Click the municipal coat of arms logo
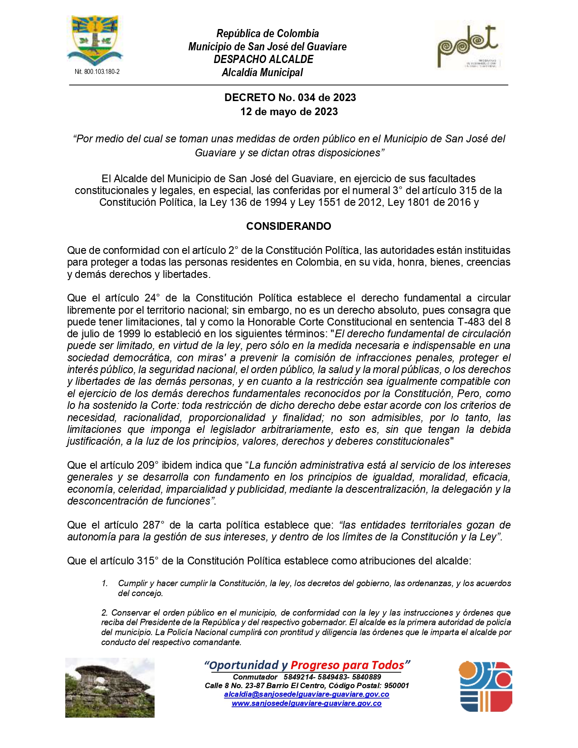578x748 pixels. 95,41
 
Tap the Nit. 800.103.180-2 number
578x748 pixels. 97,72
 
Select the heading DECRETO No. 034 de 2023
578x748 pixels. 290,97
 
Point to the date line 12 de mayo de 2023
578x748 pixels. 289,112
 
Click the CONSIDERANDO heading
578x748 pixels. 288,226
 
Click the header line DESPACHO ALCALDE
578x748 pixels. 263,59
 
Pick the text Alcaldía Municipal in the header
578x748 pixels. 262,73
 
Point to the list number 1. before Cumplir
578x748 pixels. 105,583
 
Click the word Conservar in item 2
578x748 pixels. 131,613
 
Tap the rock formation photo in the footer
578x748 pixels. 110,687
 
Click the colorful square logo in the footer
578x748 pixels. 486,686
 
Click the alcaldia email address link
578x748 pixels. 306,695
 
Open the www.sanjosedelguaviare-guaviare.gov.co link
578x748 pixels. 306,704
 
